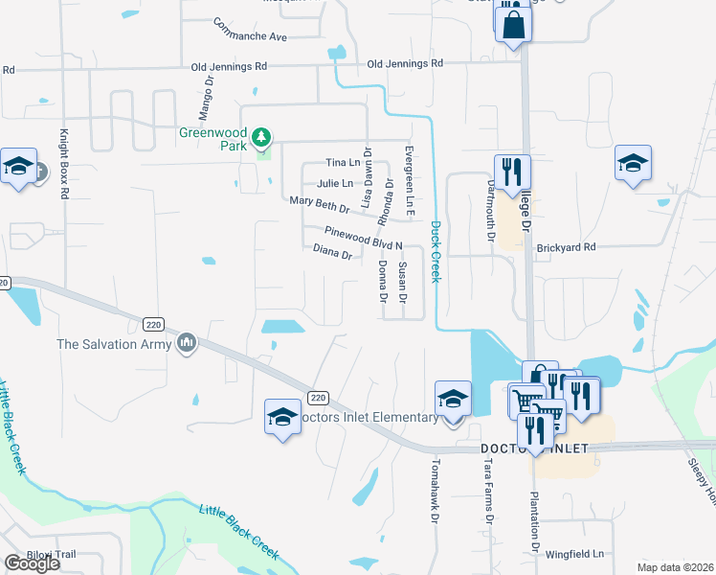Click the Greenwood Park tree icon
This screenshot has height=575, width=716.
pyautogui.click(x=260, y=139)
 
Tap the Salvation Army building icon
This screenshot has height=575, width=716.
pyautogui.click(x=186, y=342)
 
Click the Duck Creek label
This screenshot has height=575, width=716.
pyautogui.click(x=436, y=252)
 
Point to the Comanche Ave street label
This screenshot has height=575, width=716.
pyautogui.click(x=251, y=30)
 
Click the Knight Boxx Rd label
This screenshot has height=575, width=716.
pyautogui.click(x=65, y=164)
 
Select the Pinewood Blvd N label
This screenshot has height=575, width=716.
pyautogui.click(x=363, y=238)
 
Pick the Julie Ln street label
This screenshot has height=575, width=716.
pyautogui.click(x=334, y=183)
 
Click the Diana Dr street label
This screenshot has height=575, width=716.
pyautogui.click(x=333, y=252)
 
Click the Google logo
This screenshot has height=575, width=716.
pyautogui.click(x=32, y=563)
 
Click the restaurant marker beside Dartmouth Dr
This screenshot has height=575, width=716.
pyautogui.click(x=512, y=172)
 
